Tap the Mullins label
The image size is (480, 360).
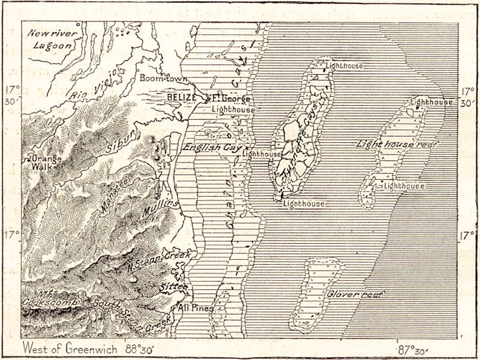pyautogui.click(x=161, y=209)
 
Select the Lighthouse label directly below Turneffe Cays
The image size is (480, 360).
pyautogui.click(x=304, y=204)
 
